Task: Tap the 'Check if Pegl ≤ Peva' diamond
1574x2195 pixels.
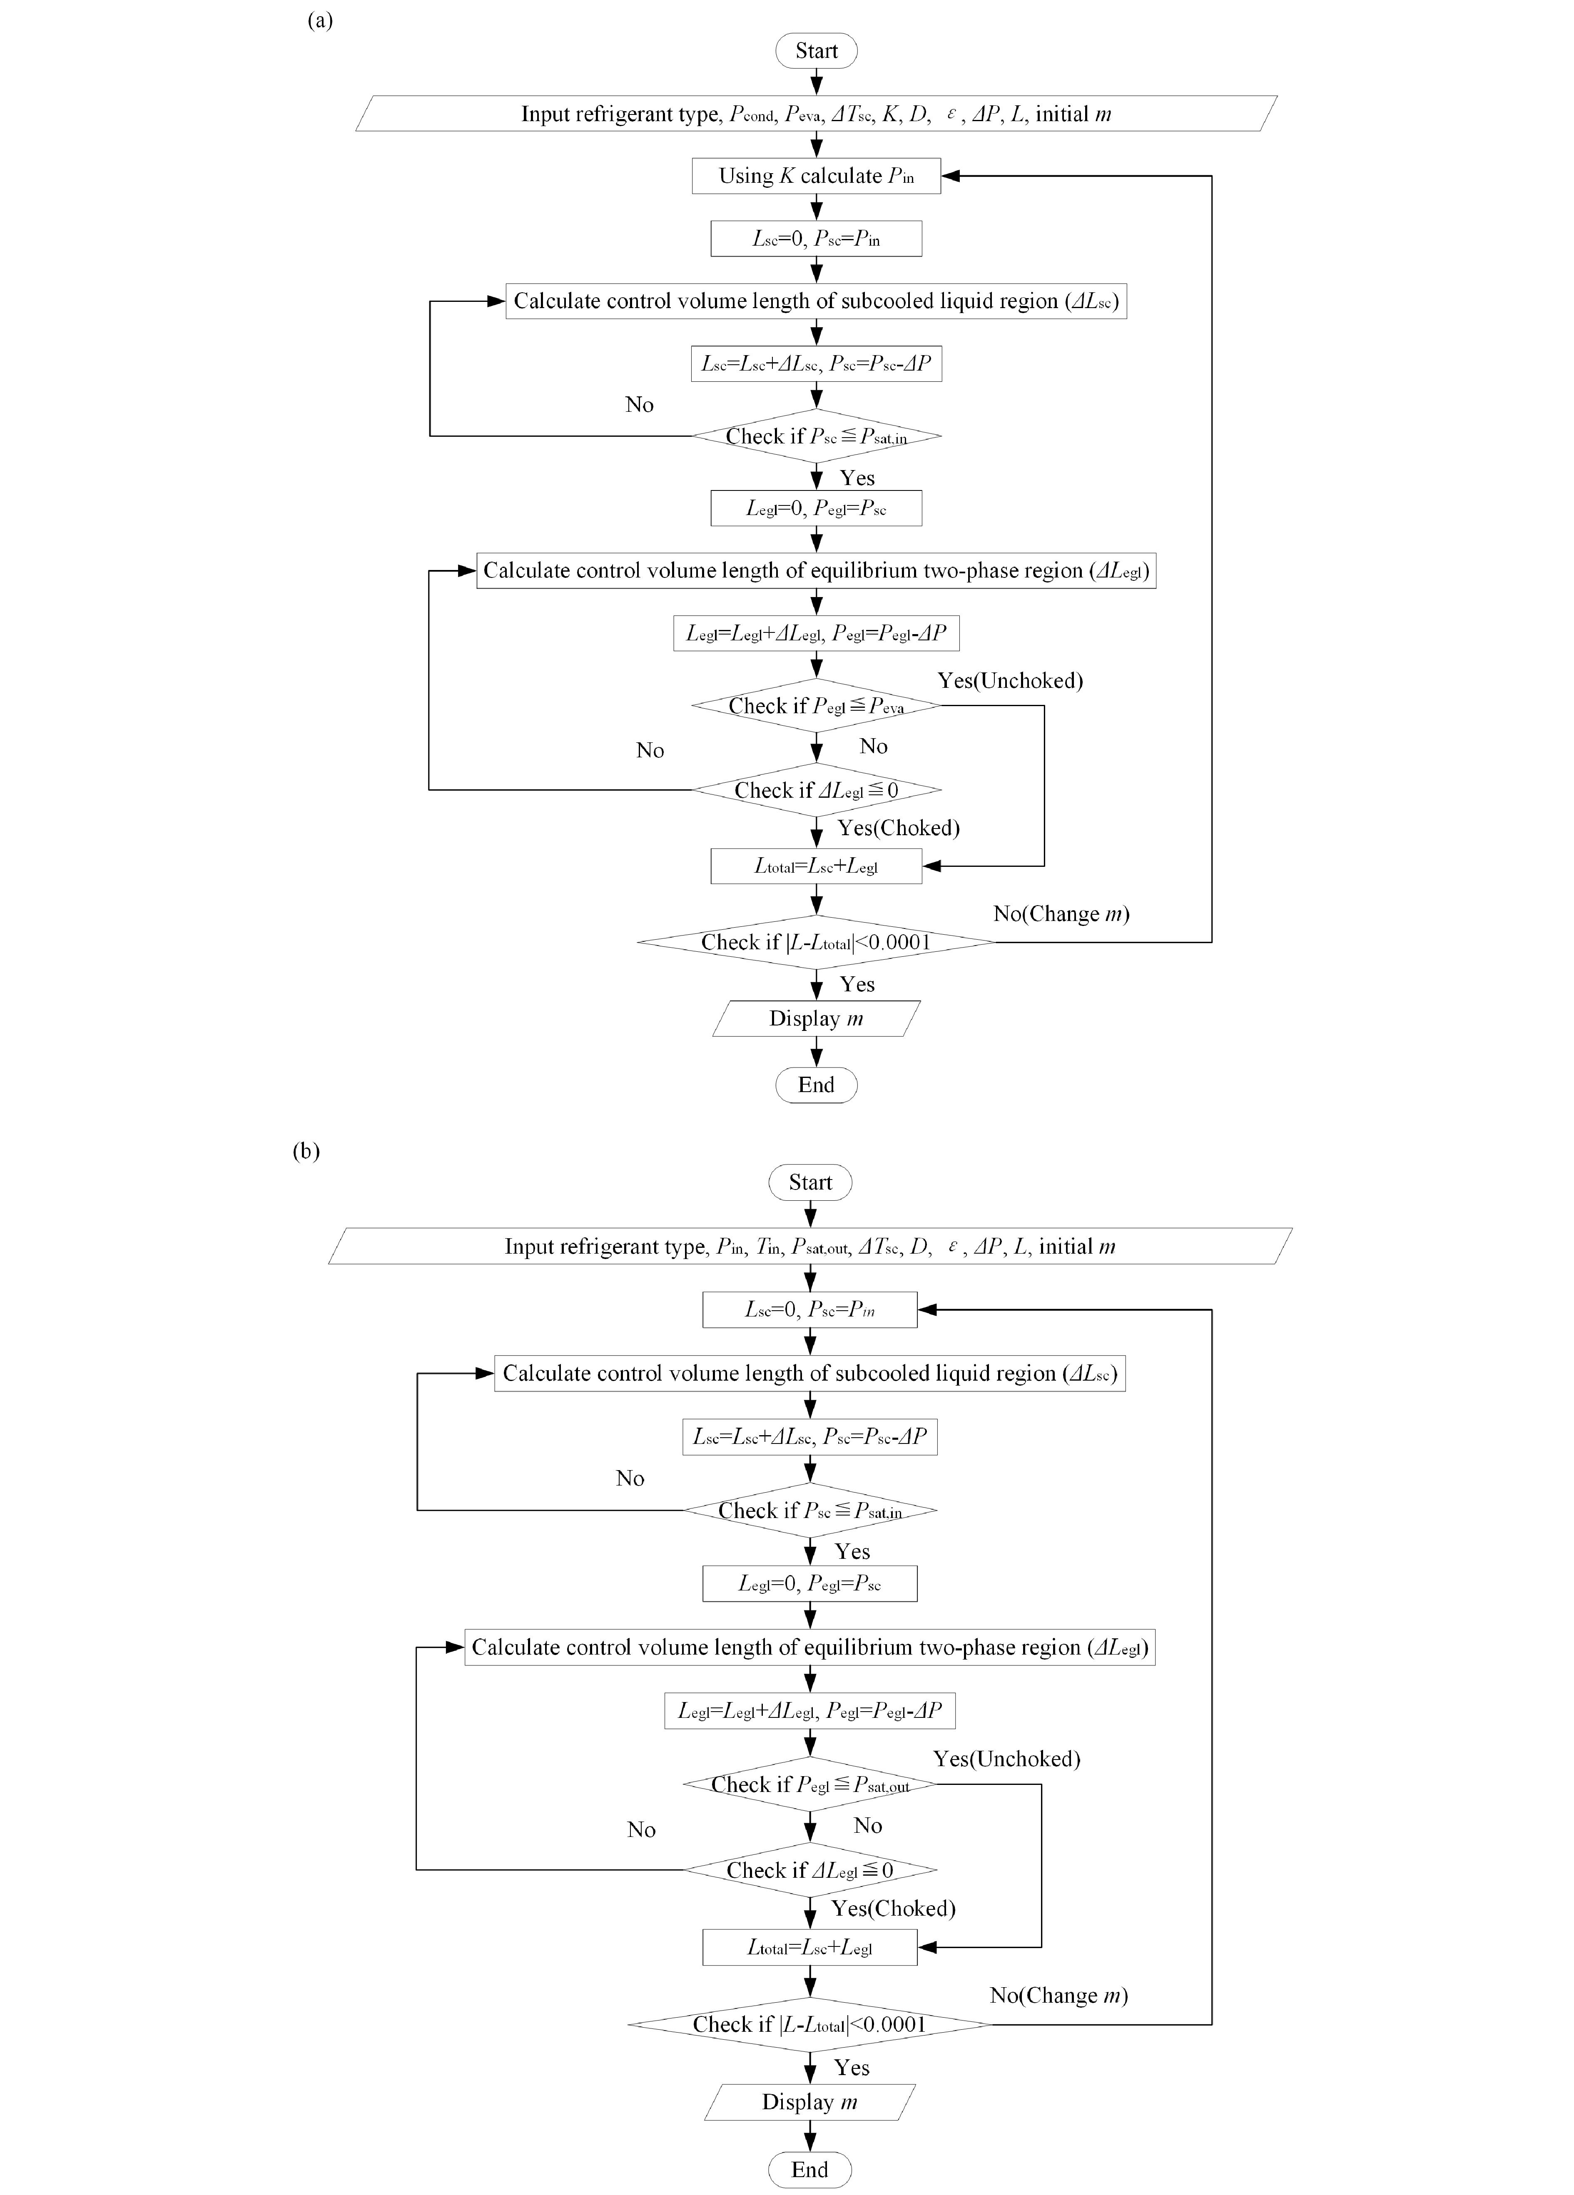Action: tap(816, 706)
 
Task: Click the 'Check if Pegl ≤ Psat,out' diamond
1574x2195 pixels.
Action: tap(810, 1784)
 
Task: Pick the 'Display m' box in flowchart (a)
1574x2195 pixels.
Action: tap(816, 1018)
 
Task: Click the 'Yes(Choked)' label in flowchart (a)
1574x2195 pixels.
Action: tap(898, 827)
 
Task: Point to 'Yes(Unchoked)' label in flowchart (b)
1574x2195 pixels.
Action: tap(1007, 1759)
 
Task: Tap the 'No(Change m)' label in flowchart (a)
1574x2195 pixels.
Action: tap(1061, 913)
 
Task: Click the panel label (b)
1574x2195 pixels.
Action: tap(306, 1151)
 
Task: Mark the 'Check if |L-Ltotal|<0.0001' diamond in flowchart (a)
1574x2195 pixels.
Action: tap(816, 942)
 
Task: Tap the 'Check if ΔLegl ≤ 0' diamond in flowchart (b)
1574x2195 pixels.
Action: tap(810, 1870)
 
